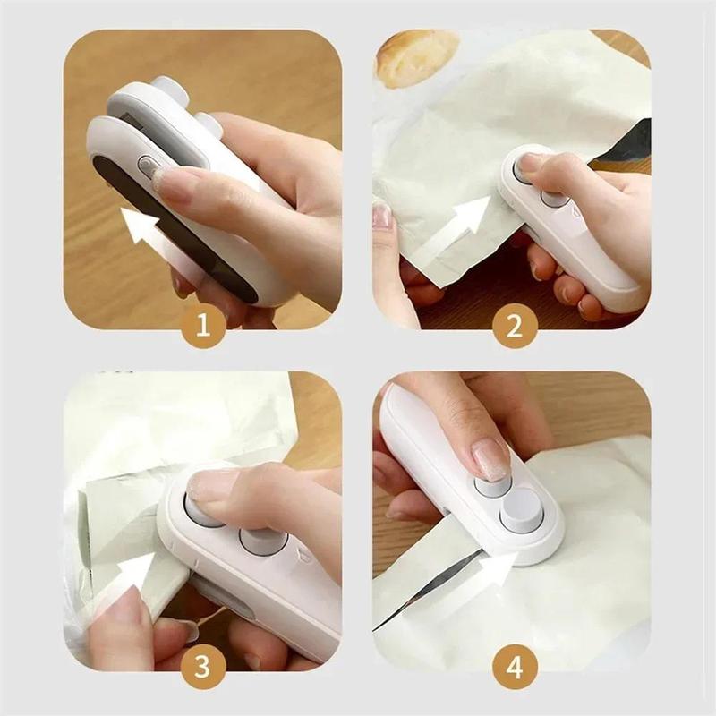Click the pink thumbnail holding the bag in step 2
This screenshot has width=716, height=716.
click(x=383, y=216)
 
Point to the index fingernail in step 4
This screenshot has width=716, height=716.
click(x=491, y=458)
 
